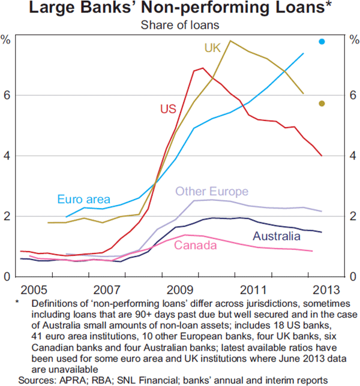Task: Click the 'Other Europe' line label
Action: (x=211, y=192)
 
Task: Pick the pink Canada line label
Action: (x=195, y=245)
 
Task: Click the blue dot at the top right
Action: (x=322, y=41)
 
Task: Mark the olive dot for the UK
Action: (x=322, y=104)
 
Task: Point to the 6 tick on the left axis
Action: (x=7, y=95)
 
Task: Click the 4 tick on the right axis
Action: (x=353, y=156)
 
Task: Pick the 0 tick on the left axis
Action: (x=7, y=276)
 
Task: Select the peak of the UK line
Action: (x=231, y=41)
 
